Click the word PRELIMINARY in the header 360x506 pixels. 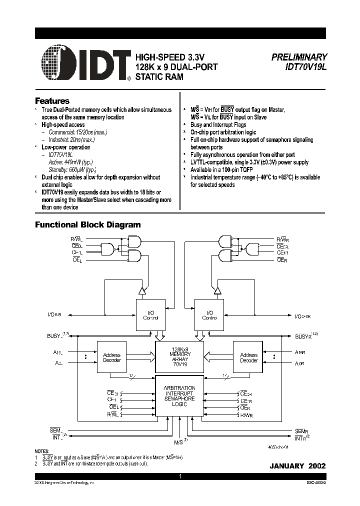click(x=299, y=57)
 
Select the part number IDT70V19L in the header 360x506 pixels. click(x=305, y=66)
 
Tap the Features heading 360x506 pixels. click(x=52, y=100)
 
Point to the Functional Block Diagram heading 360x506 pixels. click(x=87, y=225)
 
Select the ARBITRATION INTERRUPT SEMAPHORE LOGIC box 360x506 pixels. click(x=179, y=395)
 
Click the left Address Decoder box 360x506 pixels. click(x=111, y=357)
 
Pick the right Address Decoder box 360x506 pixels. click(x=248, y=357)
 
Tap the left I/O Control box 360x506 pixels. click(x=150, y=315)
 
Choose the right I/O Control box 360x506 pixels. click(x=209, y=315)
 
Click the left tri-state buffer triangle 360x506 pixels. click(x=141, y=290)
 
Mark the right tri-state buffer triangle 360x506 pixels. click(x=217, y=290)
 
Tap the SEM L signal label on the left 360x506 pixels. click(x=55, y=430)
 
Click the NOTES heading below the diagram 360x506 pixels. click(x=42, y=450)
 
